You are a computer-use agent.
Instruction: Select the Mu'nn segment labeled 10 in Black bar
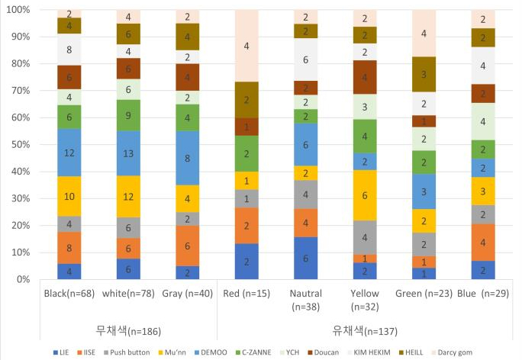pyautogui.click(x=69, y=196)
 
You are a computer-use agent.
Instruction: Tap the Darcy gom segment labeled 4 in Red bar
pyautogui.click(x=246, y=46)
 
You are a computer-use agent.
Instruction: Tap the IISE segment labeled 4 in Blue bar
pyautogui.click(x=482, y=243)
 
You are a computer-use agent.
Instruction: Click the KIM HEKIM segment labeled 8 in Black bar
pyautogui.click(x=69, y=50)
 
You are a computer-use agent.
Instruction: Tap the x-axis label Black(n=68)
pyautogui.click(x=69, y=294)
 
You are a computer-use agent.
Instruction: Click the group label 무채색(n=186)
pyautogui.click(x=127, y=329)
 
